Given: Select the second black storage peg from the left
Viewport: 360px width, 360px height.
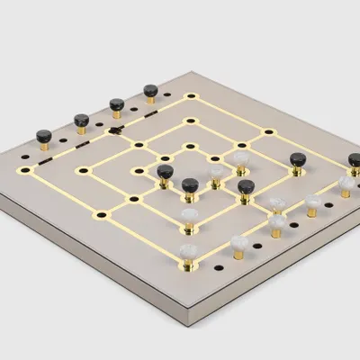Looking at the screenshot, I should tap(80, 119).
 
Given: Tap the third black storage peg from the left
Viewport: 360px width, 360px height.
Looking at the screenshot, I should tap(116, 104).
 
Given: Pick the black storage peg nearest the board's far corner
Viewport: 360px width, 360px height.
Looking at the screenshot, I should tap(150, 91).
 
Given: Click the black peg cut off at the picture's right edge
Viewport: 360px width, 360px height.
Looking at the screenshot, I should tap(355, 161).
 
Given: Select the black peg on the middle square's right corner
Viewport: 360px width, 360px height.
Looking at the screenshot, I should tap(297, 160).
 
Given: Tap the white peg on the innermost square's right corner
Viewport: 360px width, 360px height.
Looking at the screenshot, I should tap(241, 158).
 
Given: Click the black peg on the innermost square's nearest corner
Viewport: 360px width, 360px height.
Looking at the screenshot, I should tap(189, 186).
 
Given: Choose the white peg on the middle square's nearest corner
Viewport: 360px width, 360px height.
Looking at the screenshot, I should tap(190, 216).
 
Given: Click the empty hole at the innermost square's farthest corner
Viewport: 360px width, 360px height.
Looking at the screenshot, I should tap(190, 145).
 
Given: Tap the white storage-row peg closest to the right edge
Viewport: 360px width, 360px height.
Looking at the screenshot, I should tap(346, 184).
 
